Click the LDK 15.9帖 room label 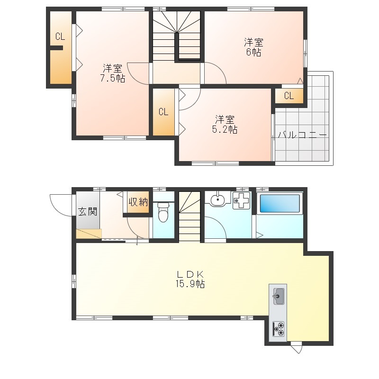pyautogui.click(x=190, y=279)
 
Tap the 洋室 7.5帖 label pyautogui.click(x=113, y=73)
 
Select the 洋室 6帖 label pyautogui.click(x=253, y=47)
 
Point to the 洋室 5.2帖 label pyautogui.click(x=225, y=125)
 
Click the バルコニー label pyautogui.click(x=302, y=135)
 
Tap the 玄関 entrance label pyautogui.click(x=88, y=211)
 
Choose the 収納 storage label pyautogui.click(x=138, y=202)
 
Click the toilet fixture pyautogui.click(x=163, y=212)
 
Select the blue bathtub pyautogui.click(x=280, y=203)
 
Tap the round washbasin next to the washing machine pyautogui.click(x=217, y=199)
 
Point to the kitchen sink pyautogui.click(x=279, y=296)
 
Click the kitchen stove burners pyautogui.click(x=279, y=329)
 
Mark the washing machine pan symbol pyautogui.click(x=241, y=200)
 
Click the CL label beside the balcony pyautogui.click(x=289, y=96)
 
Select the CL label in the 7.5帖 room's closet pyautogui.click(x=60, y=36)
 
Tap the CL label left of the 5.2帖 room pyautogui.click(x=163, y=112)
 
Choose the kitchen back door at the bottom pyautogui.click(x=297, y=347)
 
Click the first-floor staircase pyautogui.click(x=190, y=217)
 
